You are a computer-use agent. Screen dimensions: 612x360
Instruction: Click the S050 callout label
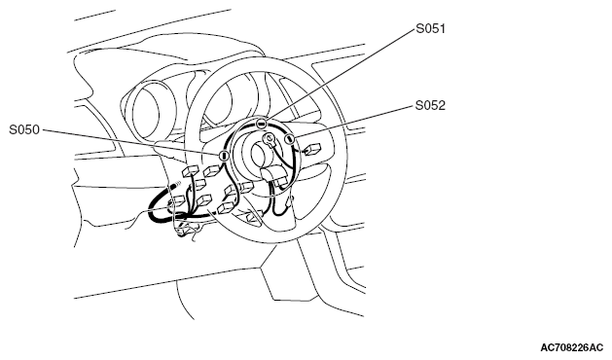tap(24, 129)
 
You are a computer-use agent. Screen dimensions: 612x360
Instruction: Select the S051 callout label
tap(430, 29)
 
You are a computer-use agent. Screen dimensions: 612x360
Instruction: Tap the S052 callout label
tap(430, 105)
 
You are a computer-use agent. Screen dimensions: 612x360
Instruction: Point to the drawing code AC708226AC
tap(572, 347)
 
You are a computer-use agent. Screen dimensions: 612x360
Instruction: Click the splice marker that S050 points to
tap(224, 156)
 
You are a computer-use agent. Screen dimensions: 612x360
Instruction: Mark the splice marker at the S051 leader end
tap(261, 125)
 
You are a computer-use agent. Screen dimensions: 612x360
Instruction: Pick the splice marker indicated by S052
tap(289, 138)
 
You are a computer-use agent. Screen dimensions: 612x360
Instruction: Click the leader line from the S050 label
tap(130, 142)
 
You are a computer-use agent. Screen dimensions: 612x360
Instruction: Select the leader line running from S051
tap(341, 73)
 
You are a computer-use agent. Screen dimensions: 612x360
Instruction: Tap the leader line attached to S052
tap(354, 121)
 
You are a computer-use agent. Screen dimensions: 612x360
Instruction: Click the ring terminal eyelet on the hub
tap(269, 138)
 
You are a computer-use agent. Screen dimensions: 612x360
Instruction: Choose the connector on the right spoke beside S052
tap(313, 149)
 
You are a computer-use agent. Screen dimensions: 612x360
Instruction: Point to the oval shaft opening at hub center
tap(259, 155)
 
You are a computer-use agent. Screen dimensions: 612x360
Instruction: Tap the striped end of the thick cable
tap(176, 183)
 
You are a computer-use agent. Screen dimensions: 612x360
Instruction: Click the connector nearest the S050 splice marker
tap(212, 170)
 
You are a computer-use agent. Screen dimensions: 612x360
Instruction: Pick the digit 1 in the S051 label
tap(443, 29)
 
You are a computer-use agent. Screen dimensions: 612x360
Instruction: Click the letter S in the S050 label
tap(13, 129)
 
